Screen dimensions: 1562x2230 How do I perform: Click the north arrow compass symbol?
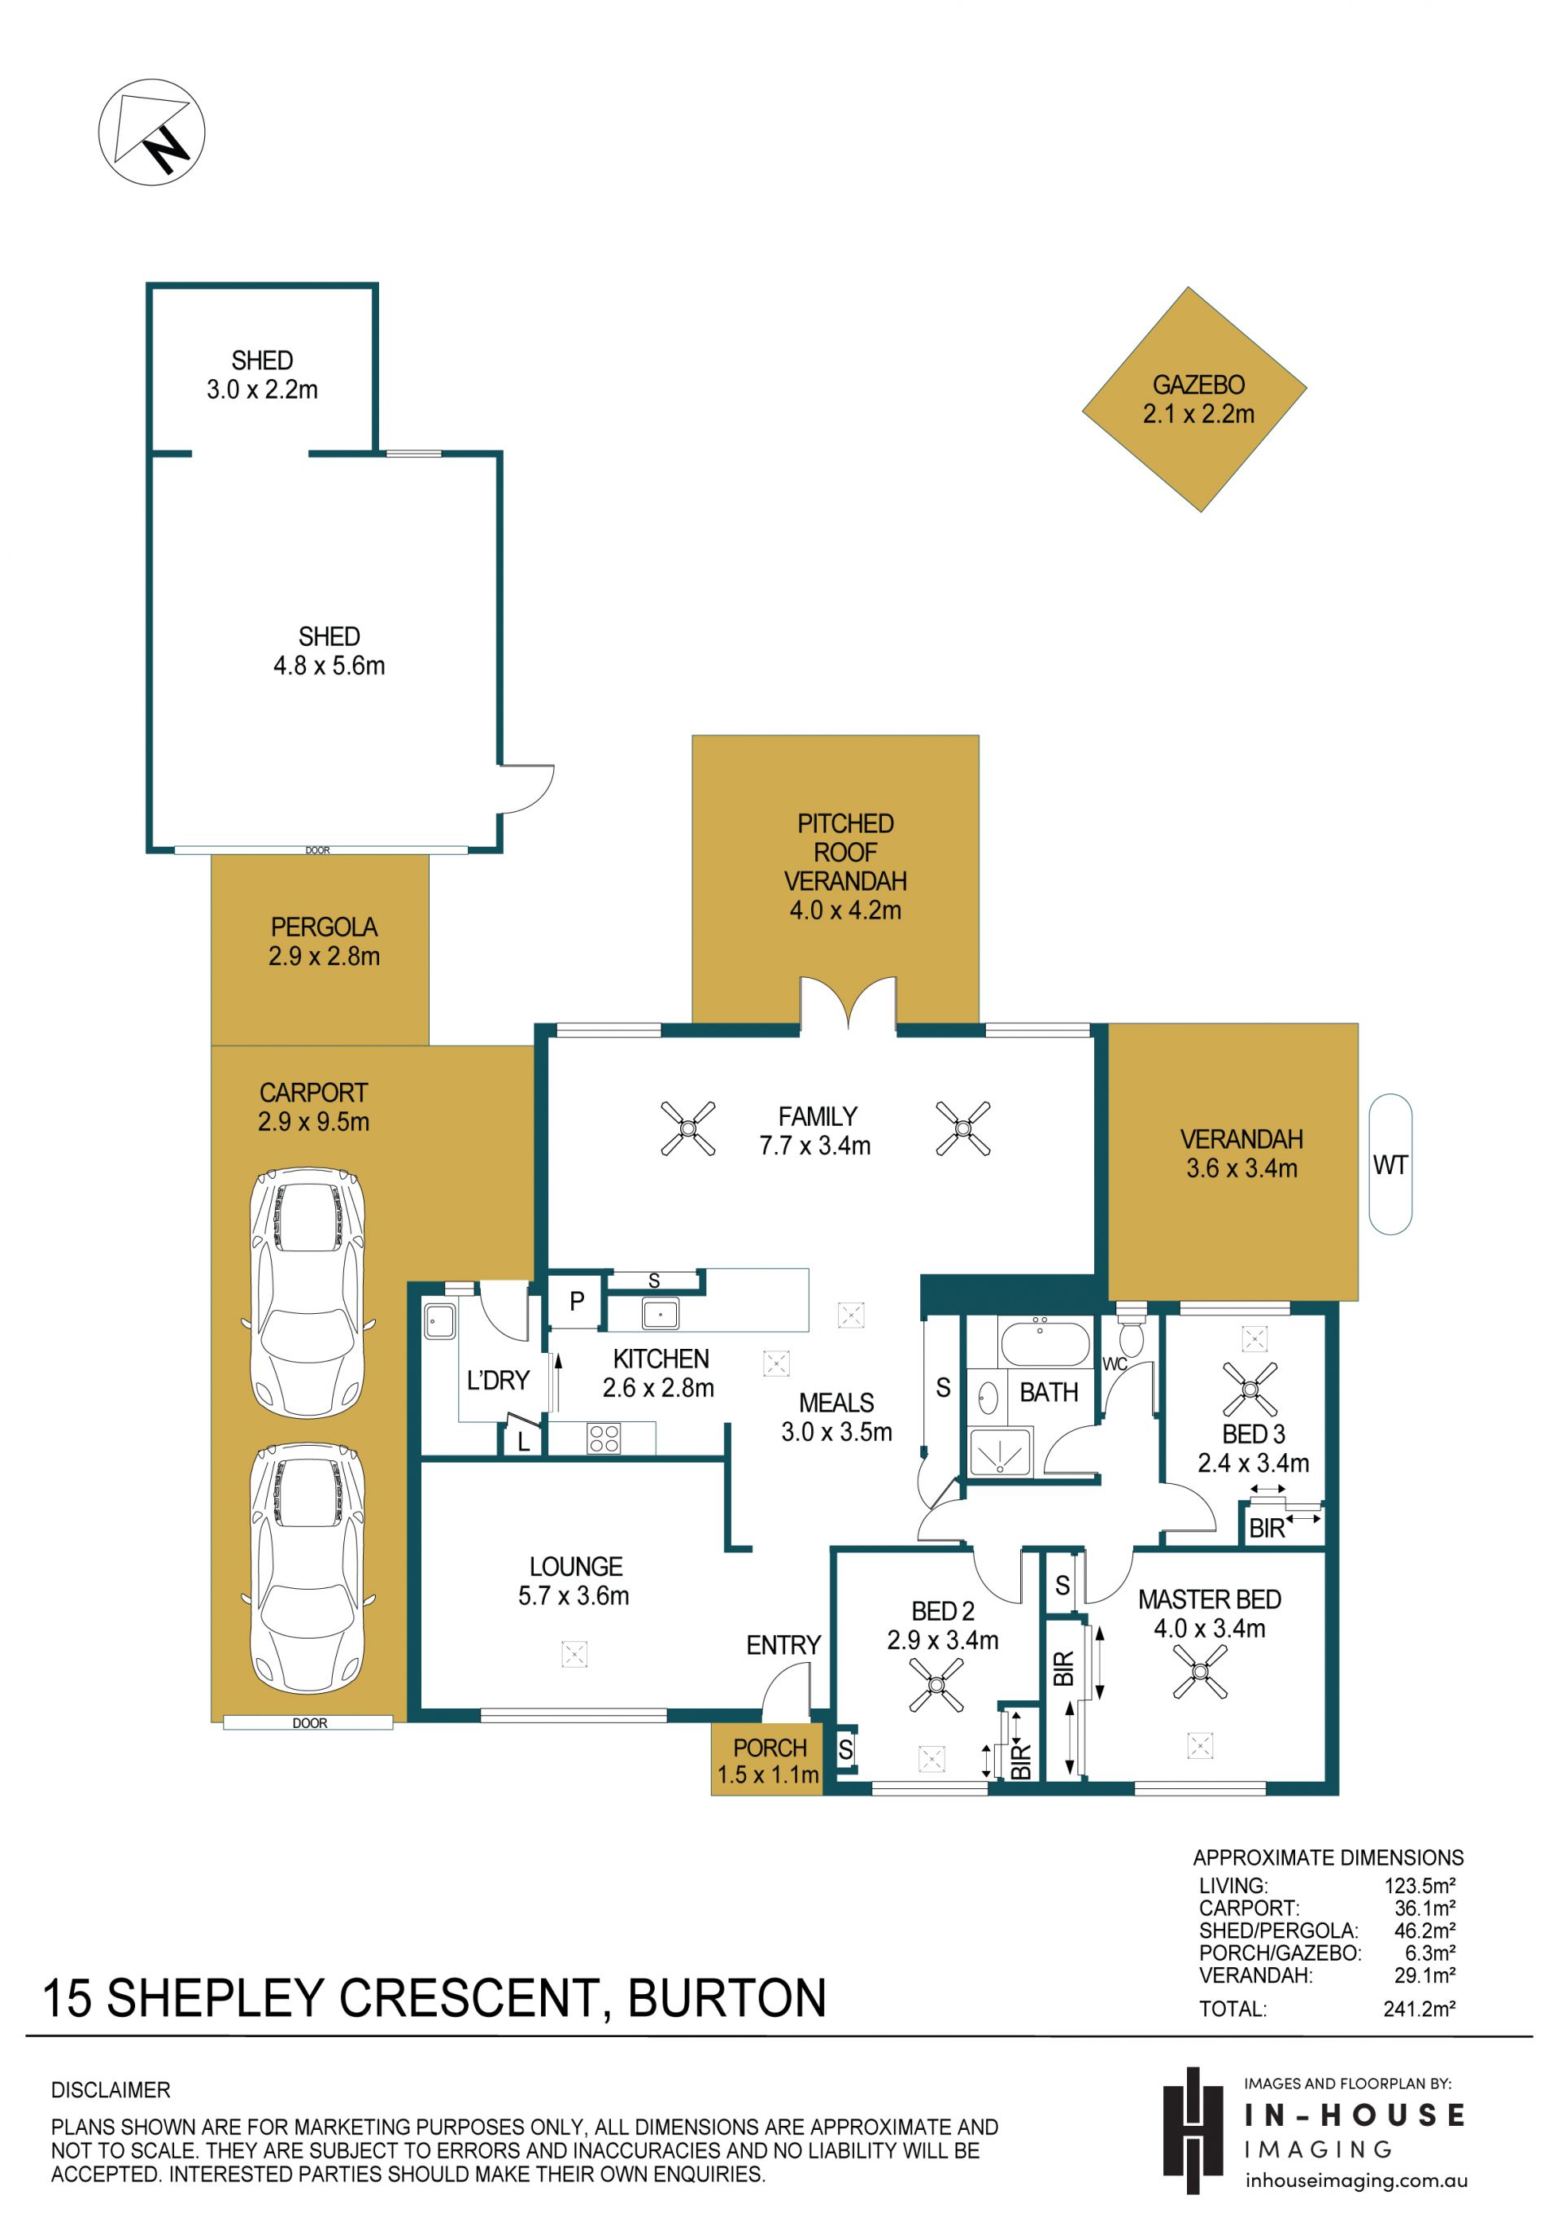click(151, 131)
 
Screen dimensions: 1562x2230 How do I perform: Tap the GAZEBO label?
click(1198, 385)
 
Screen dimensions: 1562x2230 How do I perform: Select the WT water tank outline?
click(1390, 1163)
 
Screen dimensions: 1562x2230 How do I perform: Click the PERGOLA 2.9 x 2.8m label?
click(324, 941)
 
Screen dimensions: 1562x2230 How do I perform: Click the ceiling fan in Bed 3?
click(1250, 1388)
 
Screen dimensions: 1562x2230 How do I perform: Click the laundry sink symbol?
click(440, 1322)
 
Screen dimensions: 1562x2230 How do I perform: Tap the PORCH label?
click(770, 1748)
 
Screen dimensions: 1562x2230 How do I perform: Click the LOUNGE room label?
click(576, 1567)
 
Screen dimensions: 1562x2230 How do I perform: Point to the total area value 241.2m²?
click(1419, 2008)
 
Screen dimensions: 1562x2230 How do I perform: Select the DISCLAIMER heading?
click(111, 2089)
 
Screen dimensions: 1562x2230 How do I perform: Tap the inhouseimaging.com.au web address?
click(1357, 2180)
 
